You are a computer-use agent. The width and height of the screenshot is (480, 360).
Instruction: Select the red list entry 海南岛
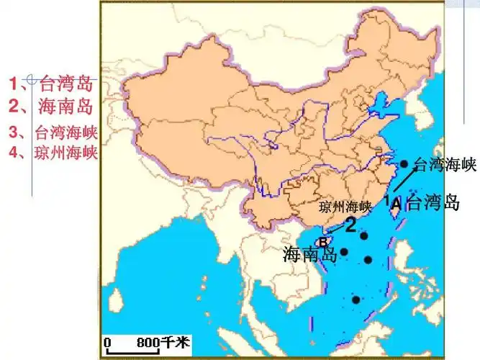pos(65,107)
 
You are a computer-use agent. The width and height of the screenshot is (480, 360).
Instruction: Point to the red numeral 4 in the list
pos(14,153)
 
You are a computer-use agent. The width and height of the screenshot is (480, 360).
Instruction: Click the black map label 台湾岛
pos(433,202)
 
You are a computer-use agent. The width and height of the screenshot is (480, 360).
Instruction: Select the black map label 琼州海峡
pos(344,207)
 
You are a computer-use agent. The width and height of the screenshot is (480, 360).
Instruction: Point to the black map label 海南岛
pos(311,253)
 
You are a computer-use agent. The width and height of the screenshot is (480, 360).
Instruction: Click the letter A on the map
pos(396,204)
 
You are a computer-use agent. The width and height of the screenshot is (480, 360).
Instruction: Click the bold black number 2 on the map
pos(350,225)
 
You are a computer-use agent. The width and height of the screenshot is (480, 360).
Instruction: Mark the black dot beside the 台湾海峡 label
pos(404,164)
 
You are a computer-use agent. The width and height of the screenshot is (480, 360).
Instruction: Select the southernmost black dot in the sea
pos(356,300)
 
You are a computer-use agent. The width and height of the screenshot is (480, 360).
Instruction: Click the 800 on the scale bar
pos(147,341)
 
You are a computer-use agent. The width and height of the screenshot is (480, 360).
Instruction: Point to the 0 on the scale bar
pos(107,341)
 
